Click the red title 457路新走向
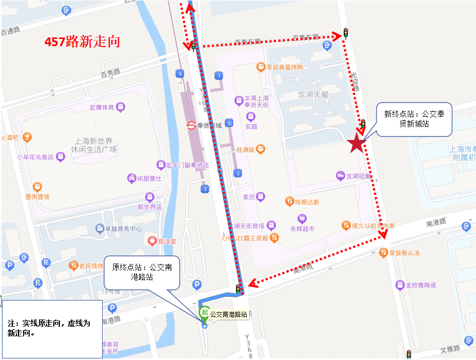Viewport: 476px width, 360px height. pos(82,42)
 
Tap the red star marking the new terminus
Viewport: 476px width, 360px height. pos(356,144)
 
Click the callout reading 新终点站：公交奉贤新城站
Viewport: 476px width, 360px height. pos(414,119)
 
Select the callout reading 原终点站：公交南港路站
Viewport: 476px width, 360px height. pos(142,272)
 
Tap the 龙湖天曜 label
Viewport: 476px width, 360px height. pos(314,95)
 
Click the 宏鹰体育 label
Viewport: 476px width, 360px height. pos(102,108)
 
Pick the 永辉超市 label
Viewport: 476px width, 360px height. pos(303,229)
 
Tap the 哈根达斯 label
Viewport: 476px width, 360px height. pos(307,202)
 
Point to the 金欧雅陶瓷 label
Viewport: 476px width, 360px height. pos(420,285)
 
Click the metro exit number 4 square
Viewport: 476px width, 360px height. pos(180,74)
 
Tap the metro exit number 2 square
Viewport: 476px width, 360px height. pos(237,173)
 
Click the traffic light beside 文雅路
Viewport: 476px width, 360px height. pos(409,354)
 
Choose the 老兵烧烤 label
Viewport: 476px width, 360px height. pos(91,265)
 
